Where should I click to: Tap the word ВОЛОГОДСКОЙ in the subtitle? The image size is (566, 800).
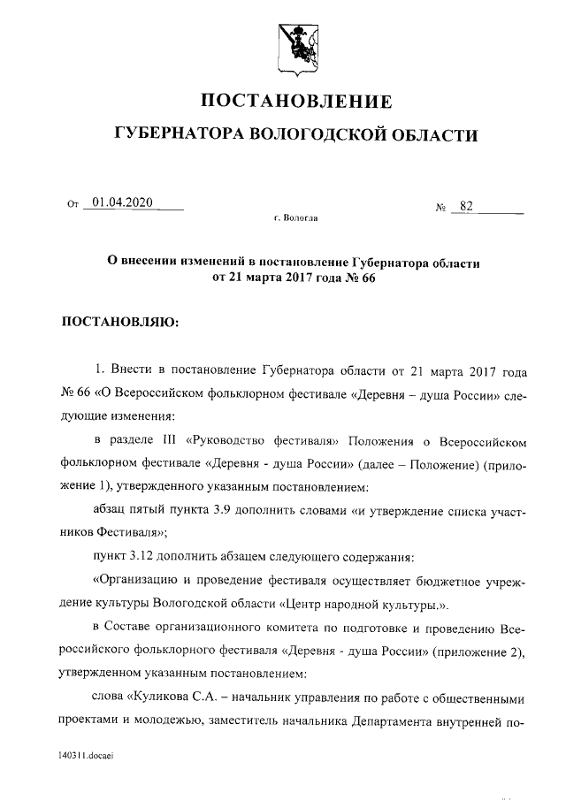[x=319, y=135]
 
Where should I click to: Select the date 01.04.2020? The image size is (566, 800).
[x=122, y=202]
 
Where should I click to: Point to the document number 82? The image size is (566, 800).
[x=466, y=206]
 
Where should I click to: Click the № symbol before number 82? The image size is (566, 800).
[x=440, y=208]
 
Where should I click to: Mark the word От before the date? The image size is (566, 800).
[x=73, y=205]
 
